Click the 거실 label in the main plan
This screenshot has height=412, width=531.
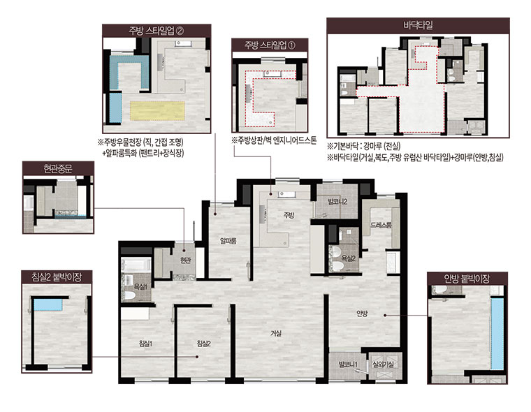pyautogui.click(x=276, y=334)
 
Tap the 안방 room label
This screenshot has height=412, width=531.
pyautogui.click(x=362, y=314)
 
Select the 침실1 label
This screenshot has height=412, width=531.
pyautogui.click(x=145, y=344)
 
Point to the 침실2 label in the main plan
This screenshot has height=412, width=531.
pyautogui.click(x=204, y=344)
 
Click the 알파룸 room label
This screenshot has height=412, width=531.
pyautogui.click(x=228, y=241)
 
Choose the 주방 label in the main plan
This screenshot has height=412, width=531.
pyautogui.click(x=289, y=215)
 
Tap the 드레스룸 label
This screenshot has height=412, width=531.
pyautogui.click(x=381, y=225)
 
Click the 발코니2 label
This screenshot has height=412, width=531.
pyautogui.click(x=337, y=202)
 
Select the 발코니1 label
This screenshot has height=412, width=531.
pyautogui.click(x=349, y=365)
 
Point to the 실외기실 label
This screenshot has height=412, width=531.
pyautogui.click(x=383, y=365)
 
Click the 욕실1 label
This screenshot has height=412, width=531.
pyautogui.click(x=140, y=287)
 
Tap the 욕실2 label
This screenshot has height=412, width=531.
pyautogui.click(x=349, y=258)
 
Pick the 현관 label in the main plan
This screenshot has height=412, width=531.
pyautogui.click(x=185, y=260)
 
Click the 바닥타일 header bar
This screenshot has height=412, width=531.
pyautogui.click(x=419, y=25)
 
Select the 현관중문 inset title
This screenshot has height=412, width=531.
pyautogui.click(x=58, y=168)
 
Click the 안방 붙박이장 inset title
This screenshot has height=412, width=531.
pyautogui.click(x=467, y=279)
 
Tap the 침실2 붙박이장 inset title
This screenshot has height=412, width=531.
pyautogui.click(x=57, y=277)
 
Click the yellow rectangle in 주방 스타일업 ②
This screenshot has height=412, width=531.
pyautogui.click(x=157, y=111)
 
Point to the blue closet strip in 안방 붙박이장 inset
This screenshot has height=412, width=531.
pyautogui.click(x=497, y=334)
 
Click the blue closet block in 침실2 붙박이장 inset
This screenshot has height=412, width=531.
pyautogui.click(x=48, y=304)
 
